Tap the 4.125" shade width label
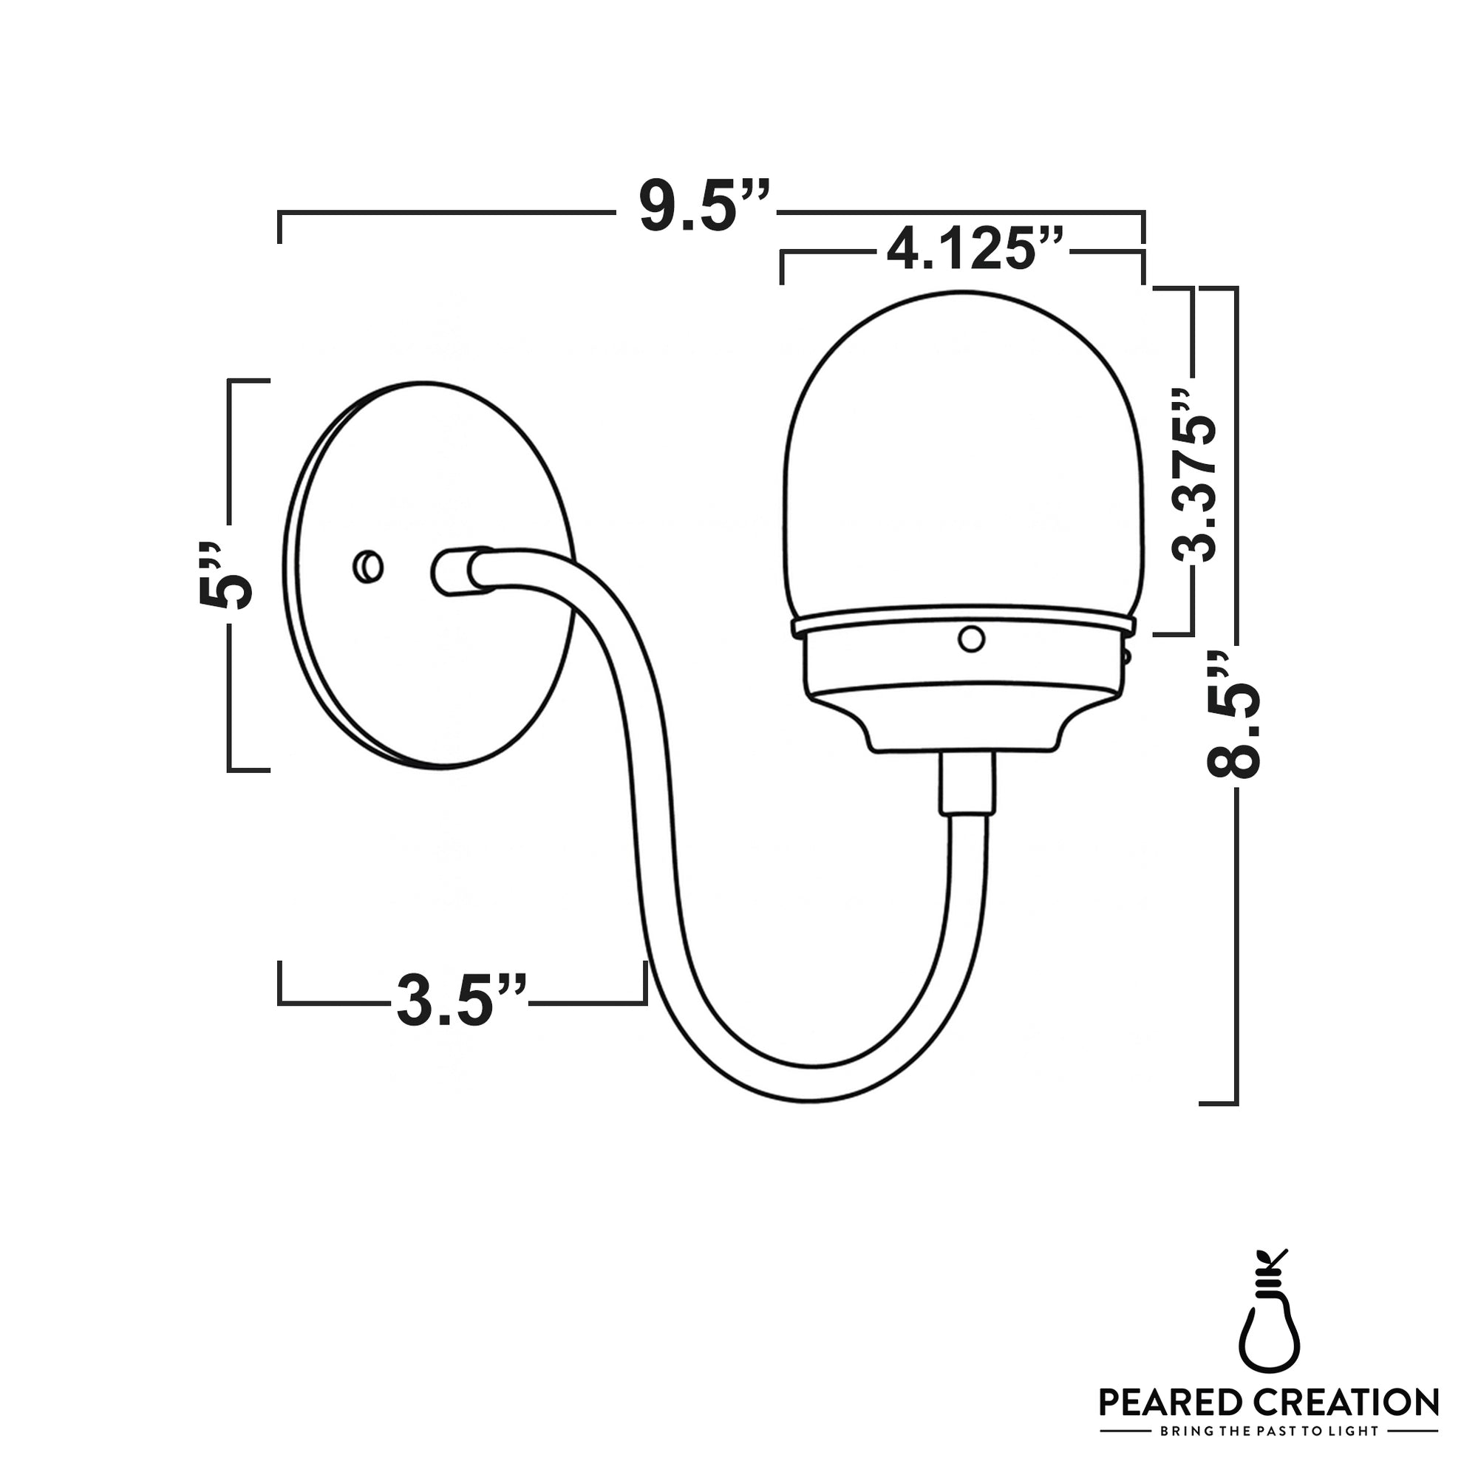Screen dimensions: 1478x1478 pyautogui.click(x=974, y=248)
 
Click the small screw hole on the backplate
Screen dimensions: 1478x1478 pyautogui.click(x=369, y=567)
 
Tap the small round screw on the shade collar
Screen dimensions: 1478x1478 pyautogui.click(x=971, y=638)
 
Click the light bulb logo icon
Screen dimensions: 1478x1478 pyautogui.click(x=1269, y=1317)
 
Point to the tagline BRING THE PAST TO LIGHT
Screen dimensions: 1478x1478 pyautogui.click(x=1269, y=1431)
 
